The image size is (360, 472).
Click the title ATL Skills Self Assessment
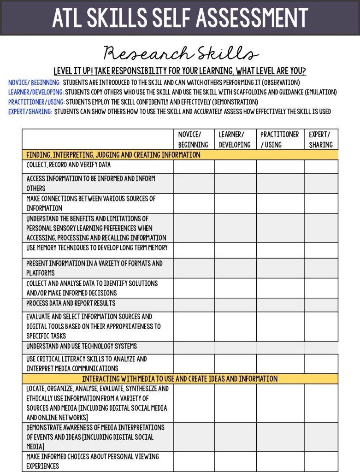tap(180, 18)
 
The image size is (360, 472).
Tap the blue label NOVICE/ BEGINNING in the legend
tap(35, 83)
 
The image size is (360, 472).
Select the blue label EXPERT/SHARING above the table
tap(30, 112)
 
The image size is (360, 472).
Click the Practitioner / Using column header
tap(279, 139)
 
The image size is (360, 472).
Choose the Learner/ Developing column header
tap(235, 139)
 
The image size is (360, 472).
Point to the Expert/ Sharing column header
tap(321, 139)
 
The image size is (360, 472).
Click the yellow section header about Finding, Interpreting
tap(113, 155)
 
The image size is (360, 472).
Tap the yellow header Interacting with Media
tap(180, 379)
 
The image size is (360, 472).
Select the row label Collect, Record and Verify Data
tap(68, 165)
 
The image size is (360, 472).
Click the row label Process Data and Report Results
tap(71, 303)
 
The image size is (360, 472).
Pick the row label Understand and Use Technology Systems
tap(81, 346)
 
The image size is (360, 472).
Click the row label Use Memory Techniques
tap(97, 248)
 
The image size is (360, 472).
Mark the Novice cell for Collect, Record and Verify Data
tap(194, 166)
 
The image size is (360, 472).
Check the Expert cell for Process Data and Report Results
tap(321, 305)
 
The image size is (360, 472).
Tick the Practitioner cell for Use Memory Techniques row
tap(280, 250)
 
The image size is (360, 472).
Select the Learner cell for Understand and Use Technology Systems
tap(235, 348)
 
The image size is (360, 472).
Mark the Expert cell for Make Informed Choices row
tap(321, 461)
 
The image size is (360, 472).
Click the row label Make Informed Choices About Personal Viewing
tap(92, 461)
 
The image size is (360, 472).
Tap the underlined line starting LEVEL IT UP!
tap(180, 71)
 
